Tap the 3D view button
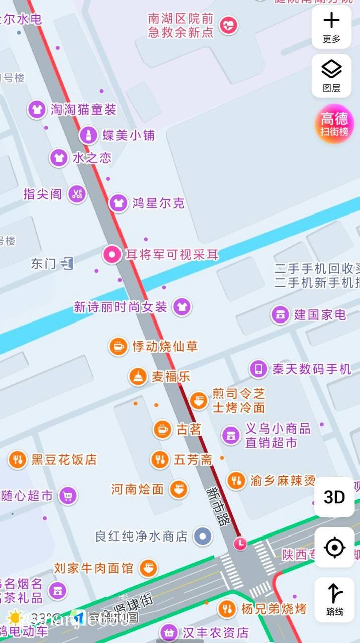click(x=334, y=497)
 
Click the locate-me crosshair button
click(x=334, y=547)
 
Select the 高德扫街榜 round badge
click(x=334, y=124)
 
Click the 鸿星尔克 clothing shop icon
click(x=118, y=203)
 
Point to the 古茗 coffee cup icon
click(x=162, y=430)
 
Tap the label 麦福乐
click(x=171, y=376)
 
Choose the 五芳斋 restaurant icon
click(x=160, y=459)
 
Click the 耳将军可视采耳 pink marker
click(x=112, y=255)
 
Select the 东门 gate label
click(x=44, y=263)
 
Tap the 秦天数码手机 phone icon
click(x=259, y=369)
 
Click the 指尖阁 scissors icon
click(x=77, y=194)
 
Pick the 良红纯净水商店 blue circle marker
click(x=203, y=536)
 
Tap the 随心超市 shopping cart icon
click(x=68, y=496)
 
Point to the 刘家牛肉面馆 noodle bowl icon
click(x=148, y=568)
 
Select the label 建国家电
click(x=320, y=315)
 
